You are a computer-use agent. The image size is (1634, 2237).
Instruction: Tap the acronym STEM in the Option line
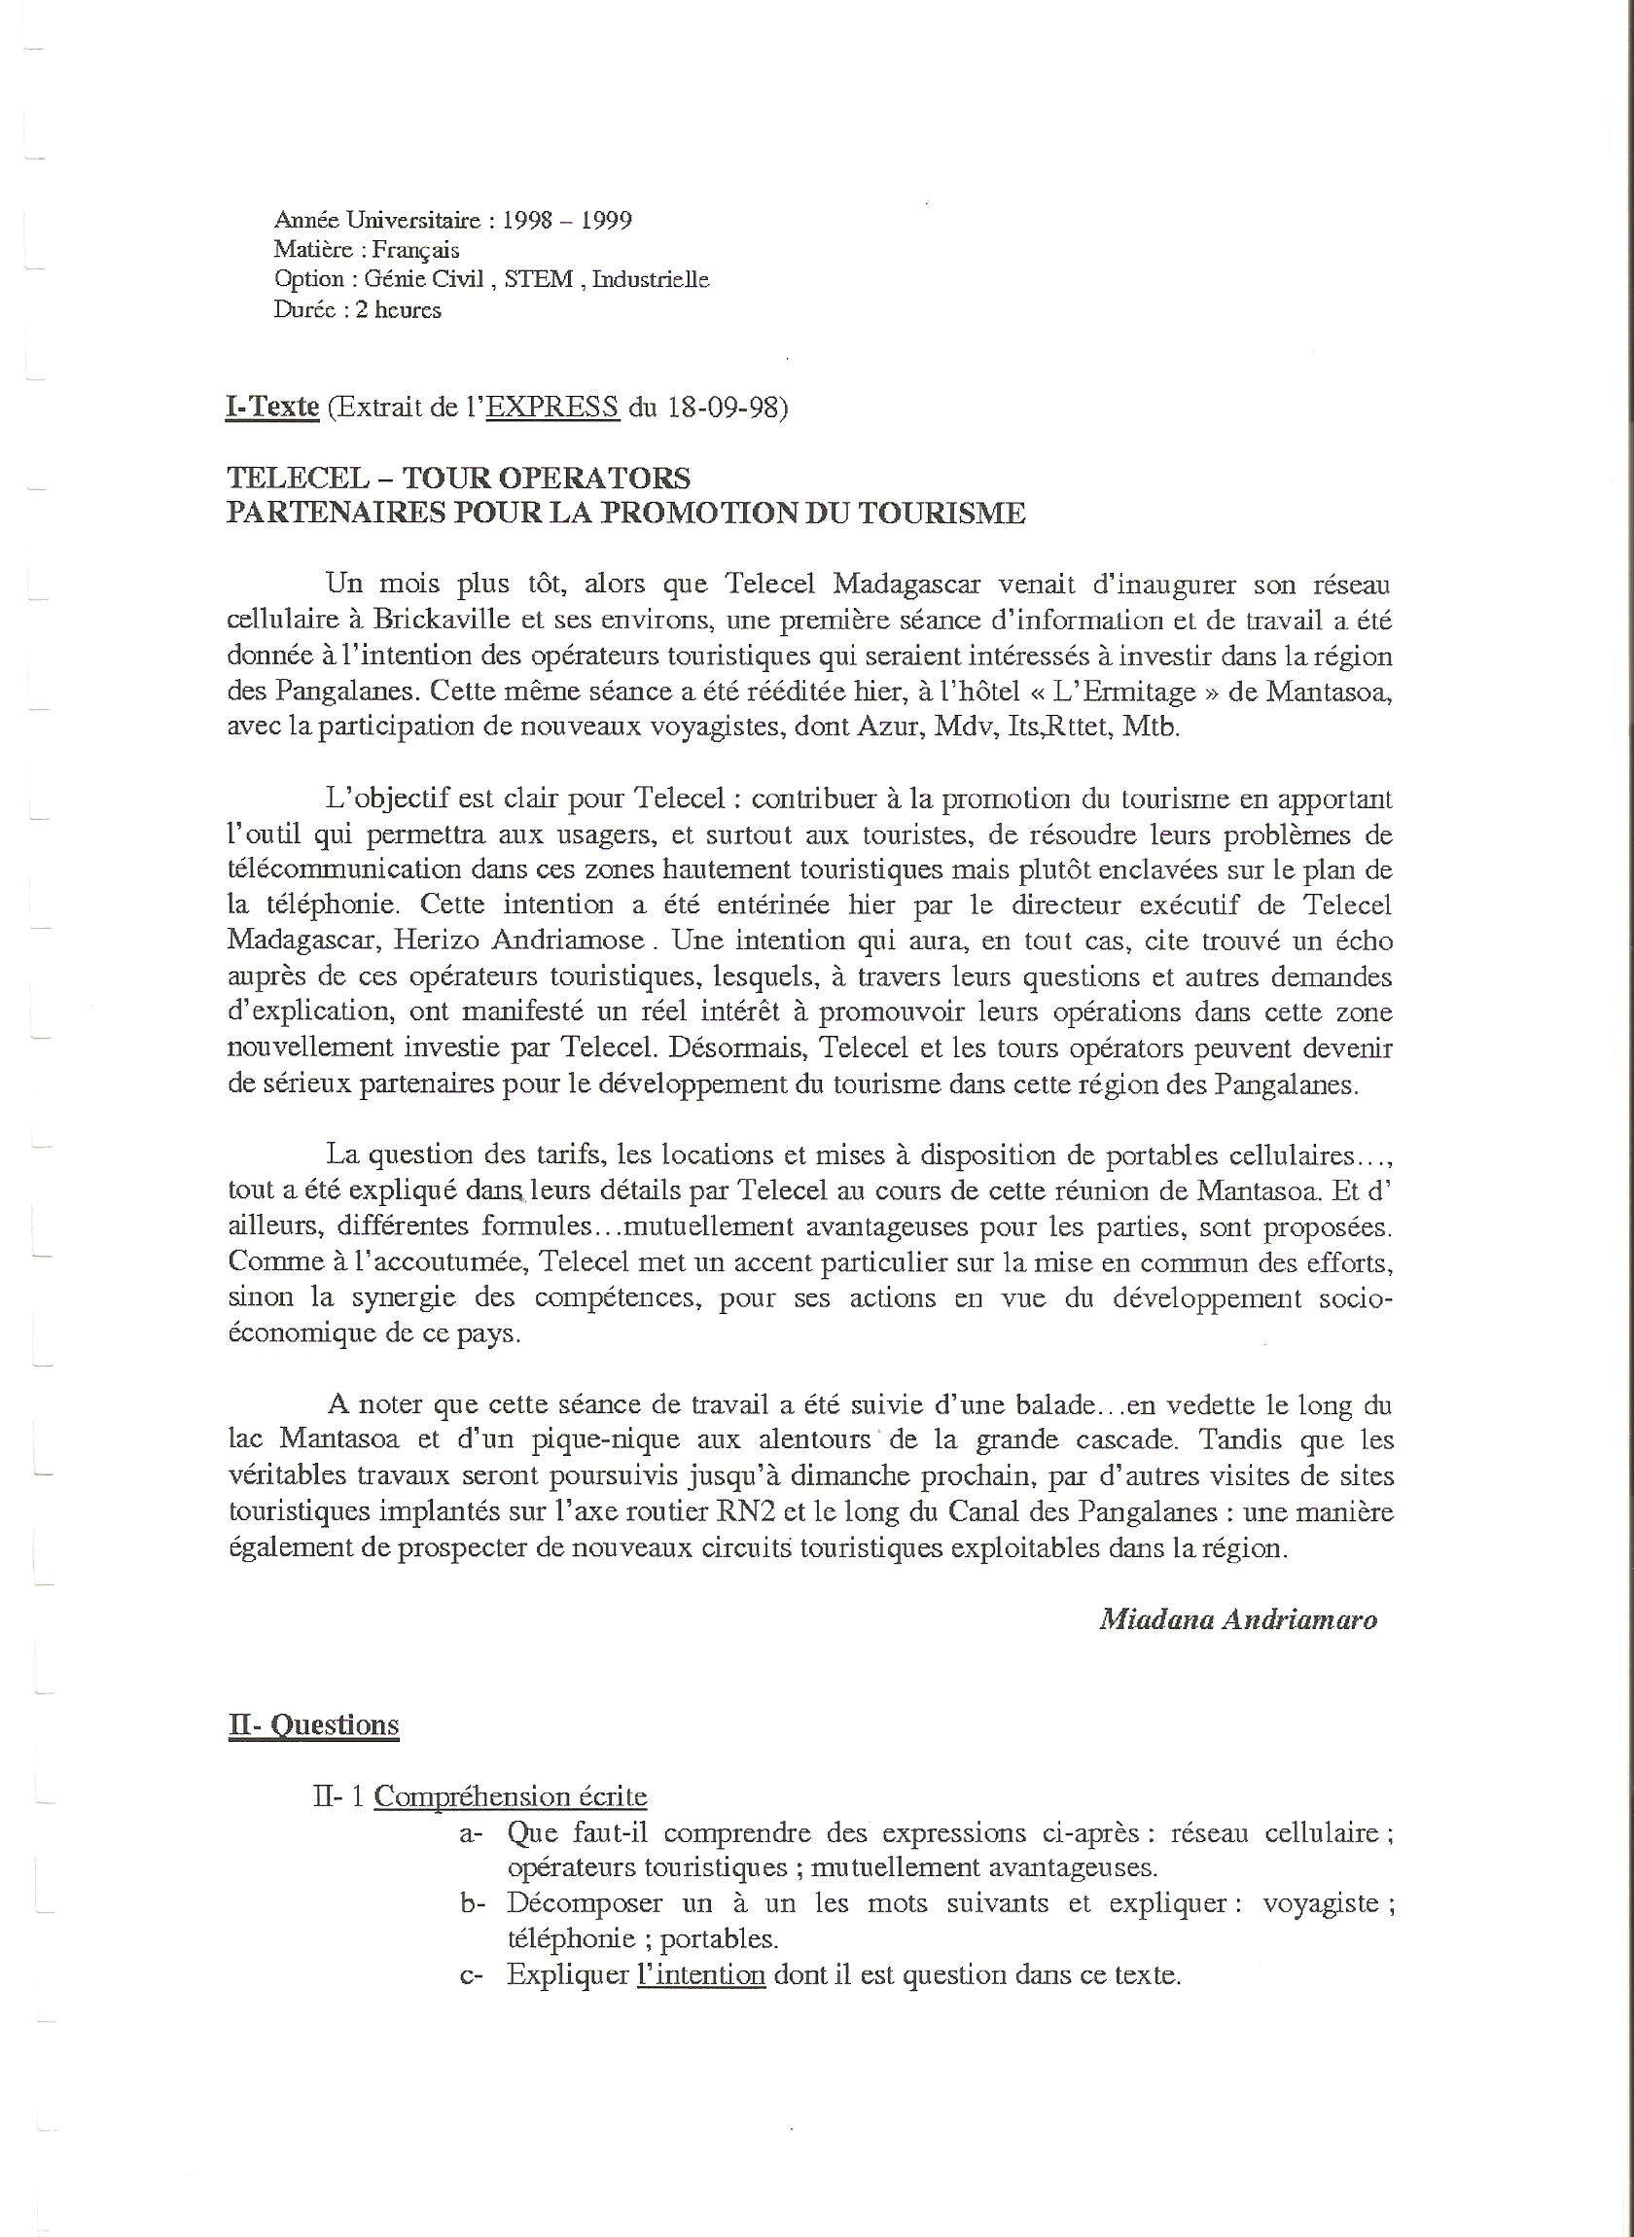point(538,279)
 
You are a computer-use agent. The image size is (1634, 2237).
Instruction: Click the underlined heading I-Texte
point(272,407)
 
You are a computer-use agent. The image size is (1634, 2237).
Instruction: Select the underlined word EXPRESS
point(552,407)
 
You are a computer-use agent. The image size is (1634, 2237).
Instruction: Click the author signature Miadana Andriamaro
point(1238,1619)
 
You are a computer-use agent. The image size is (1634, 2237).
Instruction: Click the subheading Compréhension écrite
point(511,1796)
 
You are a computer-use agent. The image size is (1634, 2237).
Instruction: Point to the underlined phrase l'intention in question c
point(701,1975)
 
